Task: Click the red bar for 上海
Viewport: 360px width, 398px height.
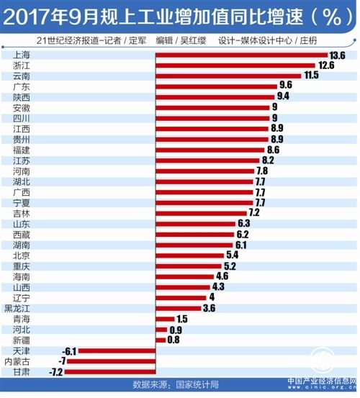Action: pyautogui.click(x=241, y=55)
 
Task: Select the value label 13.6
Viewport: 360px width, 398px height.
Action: pyautogui.click(x=337, y=55)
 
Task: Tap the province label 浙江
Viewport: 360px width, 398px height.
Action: pyautogui.click(x=22, y=65)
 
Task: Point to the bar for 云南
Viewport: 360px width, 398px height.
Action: pyautogui.click(x=228, y=76)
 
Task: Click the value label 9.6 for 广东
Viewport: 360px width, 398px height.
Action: pyautogui.click(x=286, y=85)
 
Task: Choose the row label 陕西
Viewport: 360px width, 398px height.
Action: pyautogui.click(x=22, y=97)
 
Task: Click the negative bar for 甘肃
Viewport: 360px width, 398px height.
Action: pyautogui.click(x=110, y=372)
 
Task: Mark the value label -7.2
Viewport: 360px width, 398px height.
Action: pyautogui.click(x=55, y=372)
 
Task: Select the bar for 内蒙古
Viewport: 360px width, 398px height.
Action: pyautogui.click(x=111, y=361)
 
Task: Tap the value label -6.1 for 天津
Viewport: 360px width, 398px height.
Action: pyautogui.click(x=69, y=351)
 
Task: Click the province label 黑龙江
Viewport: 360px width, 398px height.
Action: pyautogui.click(x=17, y=309)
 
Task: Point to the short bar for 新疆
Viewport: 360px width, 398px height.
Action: pyautogui.click(x=161, y=340)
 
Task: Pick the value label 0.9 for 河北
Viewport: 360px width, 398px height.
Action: pyautogui.click(x=176, y=330)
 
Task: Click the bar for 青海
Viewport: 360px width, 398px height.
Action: pyautogui.click(x=165, y=319)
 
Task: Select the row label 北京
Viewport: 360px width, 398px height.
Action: pyautogui.click(x=22, y=255)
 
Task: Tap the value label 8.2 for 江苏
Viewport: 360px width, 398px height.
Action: pyautogui.click(x=268, y=160)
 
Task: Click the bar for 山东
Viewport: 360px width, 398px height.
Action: pyautogui.click(x=195, y=224)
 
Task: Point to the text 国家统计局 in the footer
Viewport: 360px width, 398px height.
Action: pyautogui.click(x=197, y=384)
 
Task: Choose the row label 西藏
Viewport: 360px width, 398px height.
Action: pyautogui.click(x=22, y=235)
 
